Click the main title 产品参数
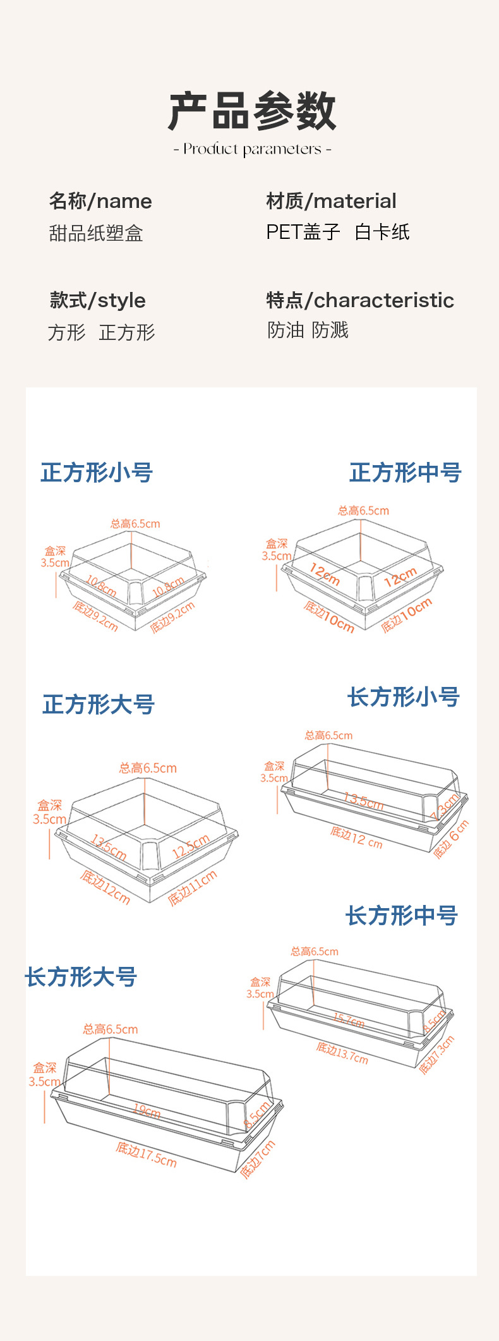(x=251, y=111)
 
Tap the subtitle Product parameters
(x=252, y=149)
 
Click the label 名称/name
(x=100, y=201)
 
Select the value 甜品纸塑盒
(x=96, y=233)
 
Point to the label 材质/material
(x=331, y=201)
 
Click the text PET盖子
(x=303, y=232)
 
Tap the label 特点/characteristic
(x=360, y=300)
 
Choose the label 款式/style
(x=98, y=300)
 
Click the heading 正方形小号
(x=97, y=472)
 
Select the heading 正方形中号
(x=405, y=472)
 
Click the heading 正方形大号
(x=99, y=704)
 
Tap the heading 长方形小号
(x=403, y=697)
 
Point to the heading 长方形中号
(x=401, y=915)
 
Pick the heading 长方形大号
(x=81, y=976)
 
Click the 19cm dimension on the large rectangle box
(x=147, y=1110)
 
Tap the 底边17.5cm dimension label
(x=146, y=1154)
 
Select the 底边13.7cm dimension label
(x=342, y=1053)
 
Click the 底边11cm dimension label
(x=193, y=888)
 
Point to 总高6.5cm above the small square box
(x=135, y=523)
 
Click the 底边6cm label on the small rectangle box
(x=451, y=839)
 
